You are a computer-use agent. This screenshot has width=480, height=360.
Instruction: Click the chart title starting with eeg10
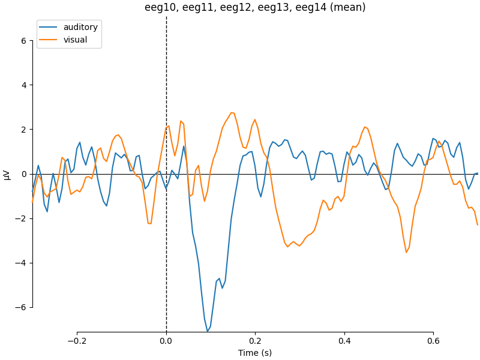(255, 8)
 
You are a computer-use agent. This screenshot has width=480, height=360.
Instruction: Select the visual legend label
(76, 40)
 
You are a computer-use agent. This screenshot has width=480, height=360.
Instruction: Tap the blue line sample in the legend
(49, 28)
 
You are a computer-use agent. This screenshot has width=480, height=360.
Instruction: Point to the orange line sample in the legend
(49, 40)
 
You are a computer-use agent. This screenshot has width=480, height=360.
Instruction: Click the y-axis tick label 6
(23, 41)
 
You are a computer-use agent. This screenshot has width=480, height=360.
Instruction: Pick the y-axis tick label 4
(23, 85)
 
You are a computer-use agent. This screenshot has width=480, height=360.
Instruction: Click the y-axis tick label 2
(23, 130)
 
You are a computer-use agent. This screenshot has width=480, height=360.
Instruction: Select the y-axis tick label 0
(23, 174)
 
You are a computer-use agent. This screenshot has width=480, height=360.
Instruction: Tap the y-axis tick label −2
(21, 218)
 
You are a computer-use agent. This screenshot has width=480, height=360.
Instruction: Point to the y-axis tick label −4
(21, 263)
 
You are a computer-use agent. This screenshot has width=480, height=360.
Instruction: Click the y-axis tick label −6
(21, 307)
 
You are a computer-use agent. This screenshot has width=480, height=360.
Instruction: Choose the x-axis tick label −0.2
(77, 341)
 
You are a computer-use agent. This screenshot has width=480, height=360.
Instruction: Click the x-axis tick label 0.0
(166, 341)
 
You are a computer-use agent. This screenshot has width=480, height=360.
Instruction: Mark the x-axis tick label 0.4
(344, 341)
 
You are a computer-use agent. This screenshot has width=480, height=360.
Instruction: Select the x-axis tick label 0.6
(433, 341)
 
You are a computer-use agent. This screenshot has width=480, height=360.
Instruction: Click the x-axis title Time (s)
(255, 353)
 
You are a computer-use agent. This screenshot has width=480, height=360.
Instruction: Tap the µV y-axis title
(7, 174)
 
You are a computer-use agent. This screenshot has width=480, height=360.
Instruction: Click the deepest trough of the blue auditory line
(208, 331)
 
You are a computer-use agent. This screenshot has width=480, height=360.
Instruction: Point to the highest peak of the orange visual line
(232, 113)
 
